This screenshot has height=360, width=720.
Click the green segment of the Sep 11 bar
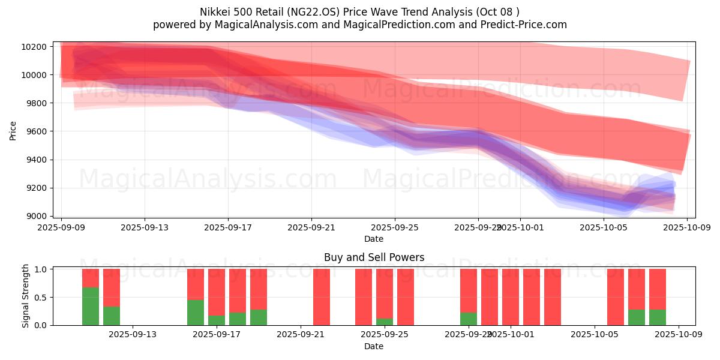tap(91, 306)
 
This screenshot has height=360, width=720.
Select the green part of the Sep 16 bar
tap(196, 313)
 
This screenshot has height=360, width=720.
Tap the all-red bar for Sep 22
tap(322, 297)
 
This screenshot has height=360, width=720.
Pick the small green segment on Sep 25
tap(385, 322)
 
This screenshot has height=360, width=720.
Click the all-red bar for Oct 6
tap(616, 297)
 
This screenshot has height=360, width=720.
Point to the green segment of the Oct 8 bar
tap(658, 317)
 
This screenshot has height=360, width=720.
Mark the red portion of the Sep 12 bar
tap(112, 287)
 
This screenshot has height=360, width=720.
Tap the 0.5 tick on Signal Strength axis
tap(40, 298)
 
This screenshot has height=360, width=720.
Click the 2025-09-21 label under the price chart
tap(311, 228)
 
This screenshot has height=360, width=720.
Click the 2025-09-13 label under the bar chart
tap(132, 334)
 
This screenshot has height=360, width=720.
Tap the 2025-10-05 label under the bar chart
tap(594, 334)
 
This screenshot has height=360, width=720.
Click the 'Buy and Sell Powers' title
tap(374, 257)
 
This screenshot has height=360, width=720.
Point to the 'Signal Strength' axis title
tap(25, 296)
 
